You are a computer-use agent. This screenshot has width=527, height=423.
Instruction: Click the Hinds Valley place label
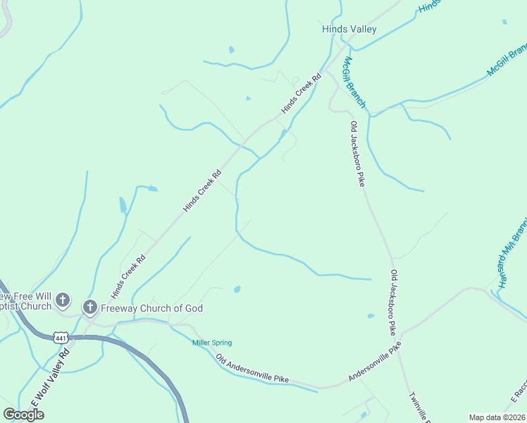tap(349, 30)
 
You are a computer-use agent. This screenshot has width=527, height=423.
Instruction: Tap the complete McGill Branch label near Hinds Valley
tap(354, 82)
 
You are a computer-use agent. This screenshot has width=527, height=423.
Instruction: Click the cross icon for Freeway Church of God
tap(89, 307)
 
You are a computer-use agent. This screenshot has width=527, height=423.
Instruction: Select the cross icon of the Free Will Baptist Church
tap(63, 300)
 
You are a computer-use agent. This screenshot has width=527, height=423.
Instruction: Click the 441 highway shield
tap(61, 338)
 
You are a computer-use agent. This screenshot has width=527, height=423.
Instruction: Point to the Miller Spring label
tap(212, 343)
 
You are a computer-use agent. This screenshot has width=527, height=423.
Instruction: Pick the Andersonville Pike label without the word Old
tap(375, 362)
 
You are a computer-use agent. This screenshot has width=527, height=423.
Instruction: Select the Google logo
tap(23, 414)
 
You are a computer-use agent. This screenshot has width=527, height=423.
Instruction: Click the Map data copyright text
tap(496, 417)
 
